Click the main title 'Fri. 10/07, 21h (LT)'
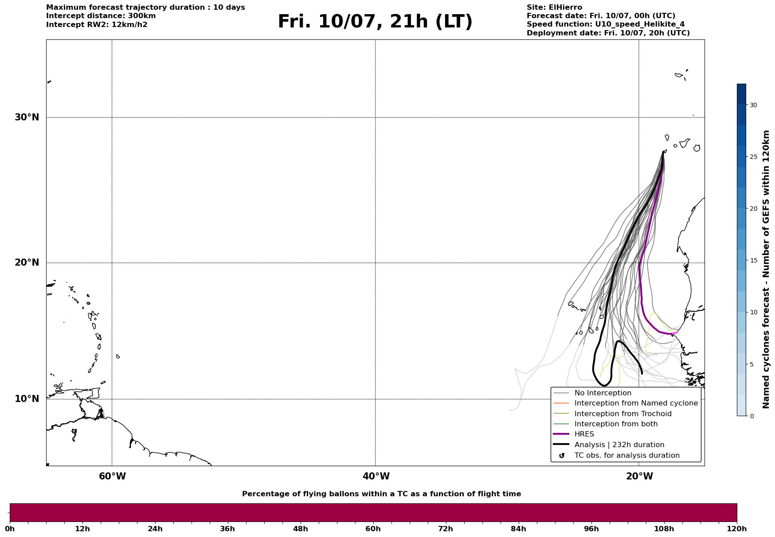click(375, 22)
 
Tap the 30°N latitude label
click(27, 117)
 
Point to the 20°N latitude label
click(27, 263)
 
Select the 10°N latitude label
click(27, 399)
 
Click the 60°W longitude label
click(112, 476)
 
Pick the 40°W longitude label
click(376, 476)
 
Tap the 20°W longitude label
click(639, 476)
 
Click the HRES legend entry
click(584, 434)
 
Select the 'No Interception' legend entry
click(603, 393)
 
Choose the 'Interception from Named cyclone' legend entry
click(636, 403)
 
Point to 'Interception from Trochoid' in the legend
click(622, 414)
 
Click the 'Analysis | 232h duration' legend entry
click(619, 445)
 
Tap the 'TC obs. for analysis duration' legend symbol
click(562, 456)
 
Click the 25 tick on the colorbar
click(753, 157)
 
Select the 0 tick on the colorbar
click(752, 416)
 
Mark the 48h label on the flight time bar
click(300, 529)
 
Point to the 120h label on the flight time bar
click(737, 529)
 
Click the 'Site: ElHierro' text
click(554, 8)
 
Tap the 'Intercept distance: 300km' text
click(101, 16)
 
